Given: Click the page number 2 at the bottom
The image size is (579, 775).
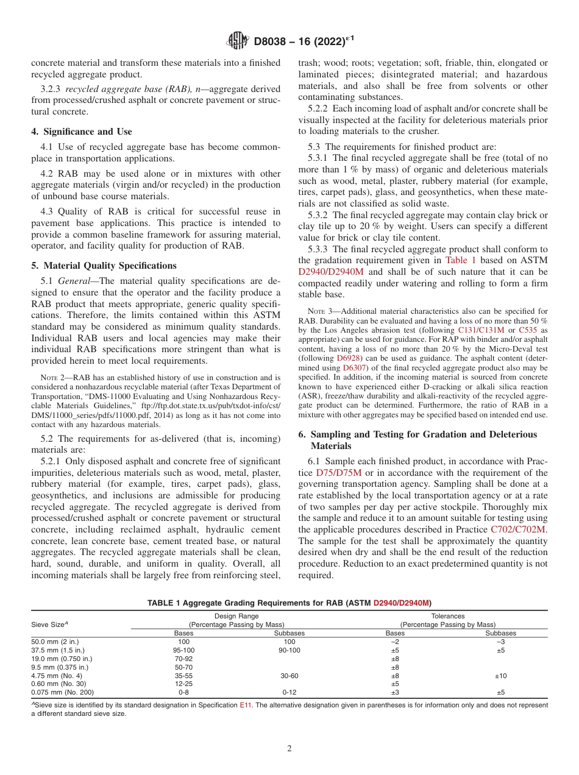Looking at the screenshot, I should tap(289, 748).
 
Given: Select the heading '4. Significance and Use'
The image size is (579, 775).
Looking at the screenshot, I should tap(81, 132).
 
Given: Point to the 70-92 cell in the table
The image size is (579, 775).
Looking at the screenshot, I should tap(183, 659).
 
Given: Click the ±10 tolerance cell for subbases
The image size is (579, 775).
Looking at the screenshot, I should tap(500, 676).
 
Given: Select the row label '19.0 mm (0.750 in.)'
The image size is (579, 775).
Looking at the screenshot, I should tap(62, 659).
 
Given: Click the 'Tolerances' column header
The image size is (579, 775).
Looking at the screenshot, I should tap(448, 616).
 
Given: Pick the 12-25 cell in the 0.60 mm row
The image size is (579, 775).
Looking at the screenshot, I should tap(183, 684).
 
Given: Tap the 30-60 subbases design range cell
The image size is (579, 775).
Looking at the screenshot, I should tap(289, 676).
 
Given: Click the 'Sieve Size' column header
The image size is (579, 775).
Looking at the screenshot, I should tap(49, 625).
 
